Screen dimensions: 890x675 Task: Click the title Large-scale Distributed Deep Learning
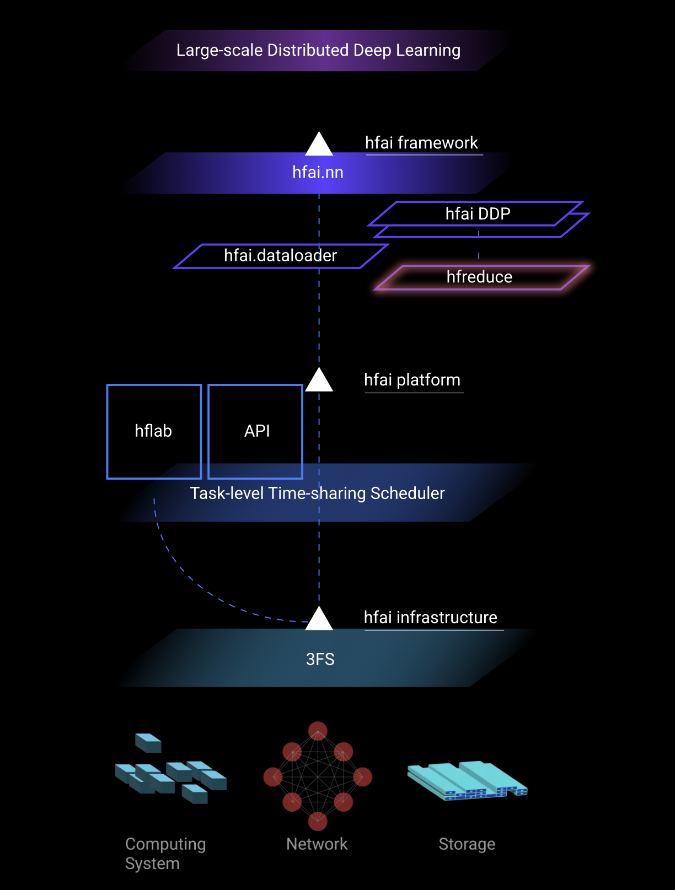point(318,50)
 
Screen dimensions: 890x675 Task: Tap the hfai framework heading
point(421,143)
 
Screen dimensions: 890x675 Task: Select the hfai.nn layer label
point(318,173)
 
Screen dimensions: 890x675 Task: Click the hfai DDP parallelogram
point(478,214)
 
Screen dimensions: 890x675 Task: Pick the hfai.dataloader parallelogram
point(280,256)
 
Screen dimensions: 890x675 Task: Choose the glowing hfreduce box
point(480,277)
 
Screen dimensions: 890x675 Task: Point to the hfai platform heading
point(412,380)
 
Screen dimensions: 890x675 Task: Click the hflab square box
point(154,431)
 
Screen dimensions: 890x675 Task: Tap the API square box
point(256,431)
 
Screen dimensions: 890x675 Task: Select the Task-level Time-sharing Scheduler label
point(317,494)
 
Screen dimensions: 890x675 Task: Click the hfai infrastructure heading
point(430,618)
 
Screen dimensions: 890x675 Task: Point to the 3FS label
point(320,660)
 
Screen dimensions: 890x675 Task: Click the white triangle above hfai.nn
point(319,144)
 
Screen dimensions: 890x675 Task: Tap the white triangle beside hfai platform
point(319,380)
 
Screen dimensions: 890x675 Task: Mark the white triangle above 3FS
point(319,619)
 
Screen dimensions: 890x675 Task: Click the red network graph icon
point(318,776)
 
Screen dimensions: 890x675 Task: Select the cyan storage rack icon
point(467,780)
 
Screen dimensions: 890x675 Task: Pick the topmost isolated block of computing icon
point(148,743)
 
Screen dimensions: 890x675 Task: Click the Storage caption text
point(467,844)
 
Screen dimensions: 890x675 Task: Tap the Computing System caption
point(165,854)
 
